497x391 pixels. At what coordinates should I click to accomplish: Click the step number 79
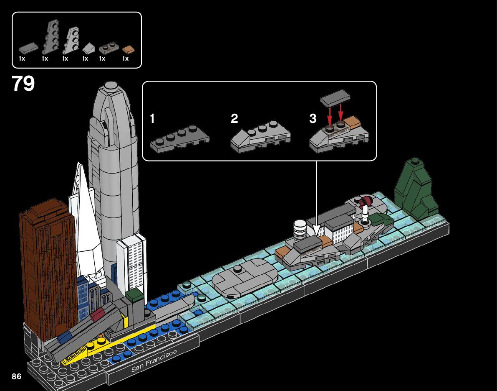(23, 84)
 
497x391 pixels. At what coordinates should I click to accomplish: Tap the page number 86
(17, 376)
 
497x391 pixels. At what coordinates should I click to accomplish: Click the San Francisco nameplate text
(154, 361)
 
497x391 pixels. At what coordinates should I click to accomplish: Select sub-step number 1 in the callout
(152, 119)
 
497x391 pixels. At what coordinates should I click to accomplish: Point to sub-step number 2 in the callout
(235, 119)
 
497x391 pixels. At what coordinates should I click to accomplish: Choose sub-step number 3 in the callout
(313, 119)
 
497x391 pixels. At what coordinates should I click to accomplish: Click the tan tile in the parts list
(129, 49)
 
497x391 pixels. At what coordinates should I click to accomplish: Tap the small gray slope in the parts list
(88, 47)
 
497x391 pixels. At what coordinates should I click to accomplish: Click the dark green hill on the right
(415, 190)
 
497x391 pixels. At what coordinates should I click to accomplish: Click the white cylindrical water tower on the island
(300, 229)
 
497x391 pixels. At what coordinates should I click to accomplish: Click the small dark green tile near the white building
(134, 295)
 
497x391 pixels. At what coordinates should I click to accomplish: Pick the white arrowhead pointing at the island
(316, 230)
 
